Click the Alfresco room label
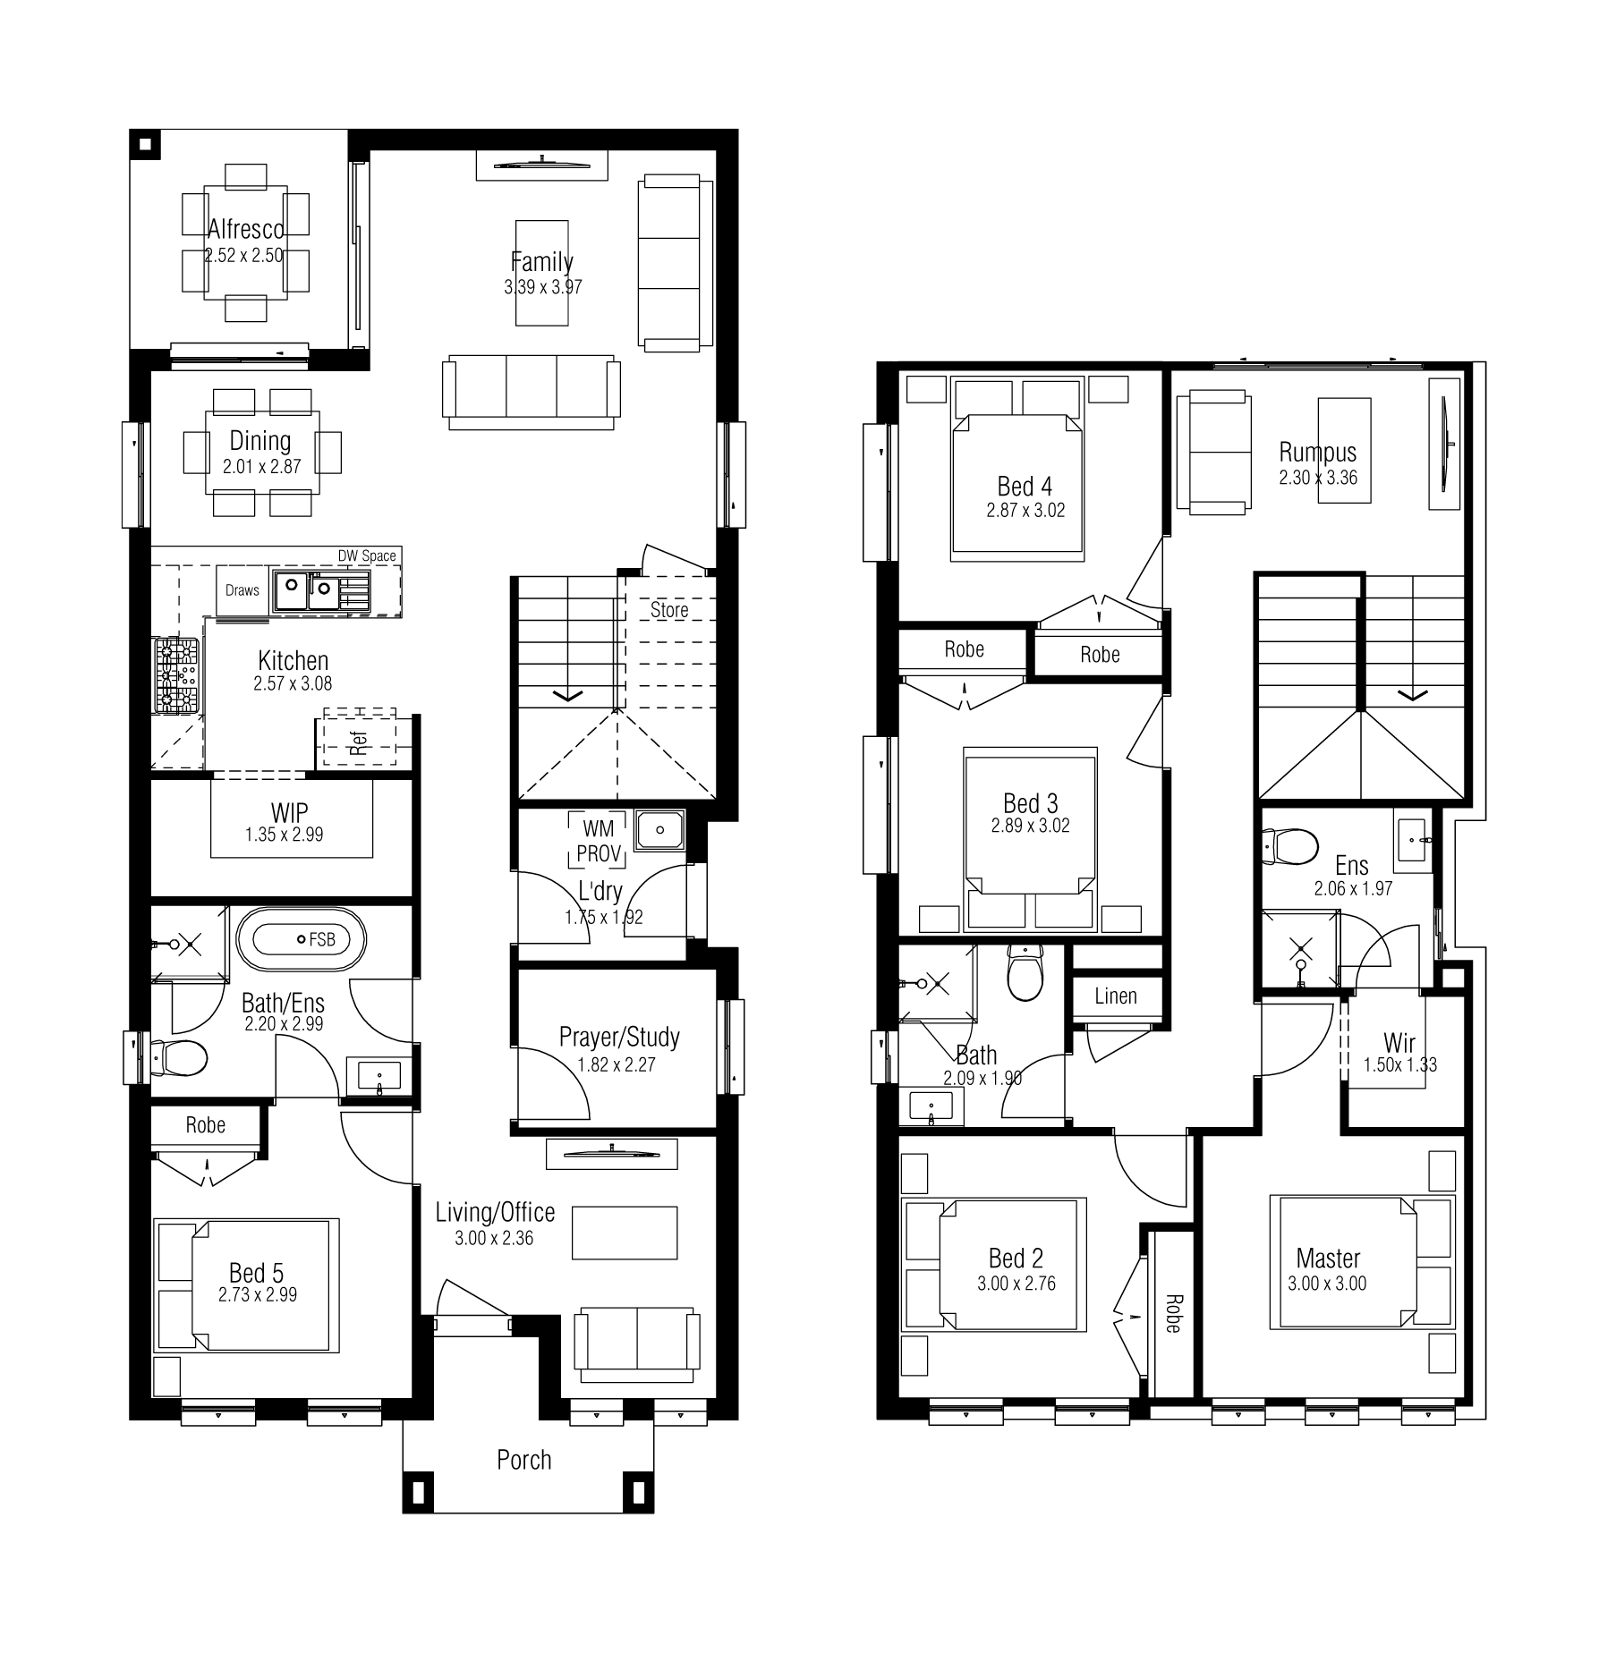point(246,229)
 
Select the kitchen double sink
point(309,589)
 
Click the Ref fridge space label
point(360,743)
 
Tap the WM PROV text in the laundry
point(599,841)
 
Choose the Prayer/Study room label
point(619,1037)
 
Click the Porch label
point(524,1460)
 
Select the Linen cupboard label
point(1116,996)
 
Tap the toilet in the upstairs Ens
point(1289,846)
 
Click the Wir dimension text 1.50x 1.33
point(1400,1064)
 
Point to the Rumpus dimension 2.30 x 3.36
point(1318,478)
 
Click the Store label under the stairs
point(669,610)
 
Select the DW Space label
point(367,555)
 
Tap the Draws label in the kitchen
point(242,590)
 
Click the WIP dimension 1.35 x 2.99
point(285,835)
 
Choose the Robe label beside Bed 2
point(1172,1313)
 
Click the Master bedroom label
point(1328,1259)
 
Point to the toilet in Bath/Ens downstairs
point(180,1058)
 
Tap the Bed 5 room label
point(257,1272)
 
